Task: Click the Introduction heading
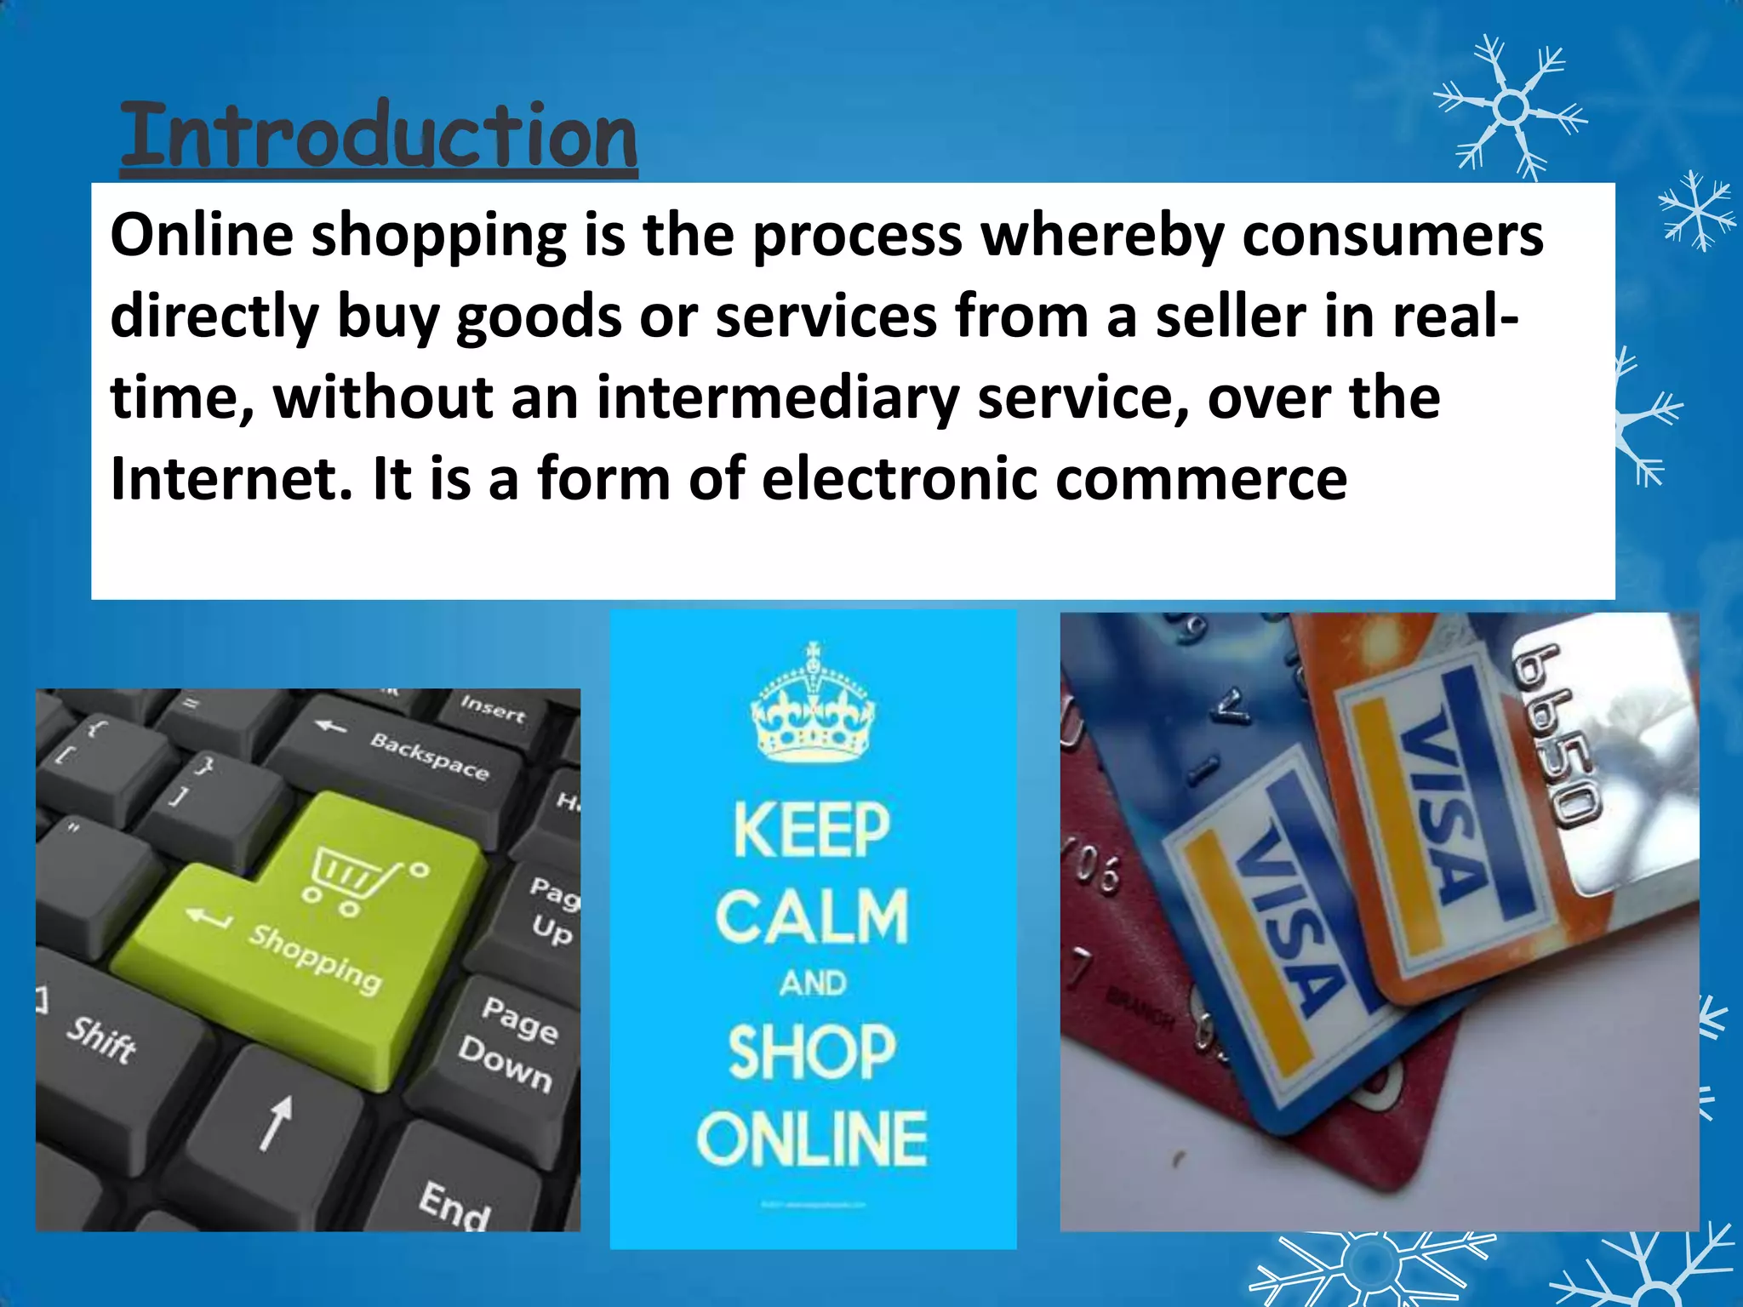pyautogui.click(x=379, y=136)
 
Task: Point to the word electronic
pyautogui.click(x=899, y=478)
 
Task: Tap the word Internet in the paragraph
pyautogui.click(x=231, y=478)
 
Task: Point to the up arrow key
pyautogui.click(x=277, y=1123)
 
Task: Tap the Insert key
pyautogui.click(x=493, y=708)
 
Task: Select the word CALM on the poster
pyautogui.click(x=813, y=916)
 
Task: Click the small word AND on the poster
pyautogui.click(x=813, y=984)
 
